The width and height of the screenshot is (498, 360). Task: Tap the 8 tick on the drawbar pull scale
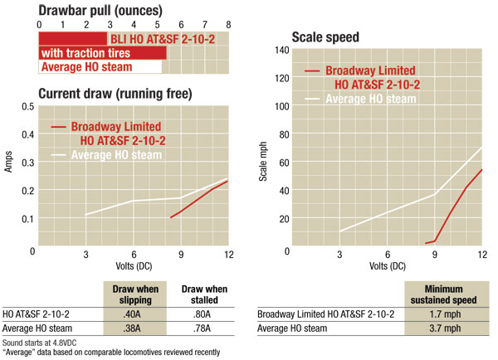227,23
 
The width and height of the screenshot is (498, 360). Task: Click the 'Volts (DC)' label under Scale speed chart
387,267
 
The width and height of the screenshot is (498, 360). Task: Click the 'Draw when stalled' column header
193,294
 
